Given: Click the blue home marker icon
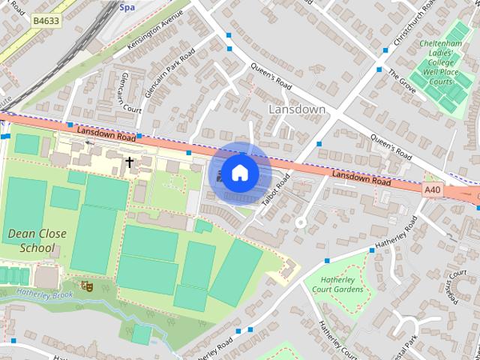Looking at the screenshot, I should (x=239, y=172).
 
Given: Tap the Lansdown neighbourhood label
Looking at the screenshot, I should (x=297, y=109).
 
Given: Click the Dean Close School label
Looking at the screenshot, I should (x=37, y=240).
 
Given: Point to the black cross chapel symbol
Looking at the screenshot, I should (x=129, y=162).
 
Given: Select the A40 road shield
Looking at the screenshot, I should (x=432, y=190).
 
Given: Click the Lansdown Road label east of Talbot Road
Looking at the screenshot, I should (x=361, y=178).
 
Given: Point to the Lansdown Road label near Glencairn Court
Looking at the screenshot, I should (x=105, y=133).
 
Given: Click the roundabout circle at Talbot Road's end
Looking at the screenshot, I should (x=301, y=222).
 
